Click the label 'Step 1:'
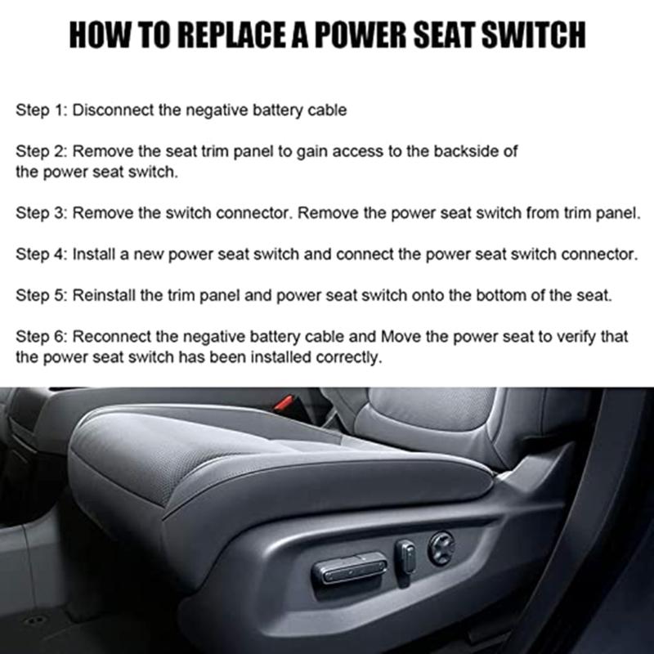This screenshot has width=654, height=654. [x=42, y=110]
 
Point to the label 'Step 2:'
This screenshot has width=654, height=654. [x=42, y=152]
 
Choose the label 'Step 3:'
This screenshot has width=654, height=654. [x=42, y=213]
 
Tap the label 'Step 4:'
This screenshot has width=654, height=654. [x=42, y=254]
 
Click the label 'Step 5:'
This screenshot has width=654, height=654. [x=42, y=295]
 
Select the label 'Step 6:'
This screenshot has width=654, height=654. [x=42, y=337]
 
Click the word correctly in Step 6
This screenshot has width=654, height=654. [x=355, y=357]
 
